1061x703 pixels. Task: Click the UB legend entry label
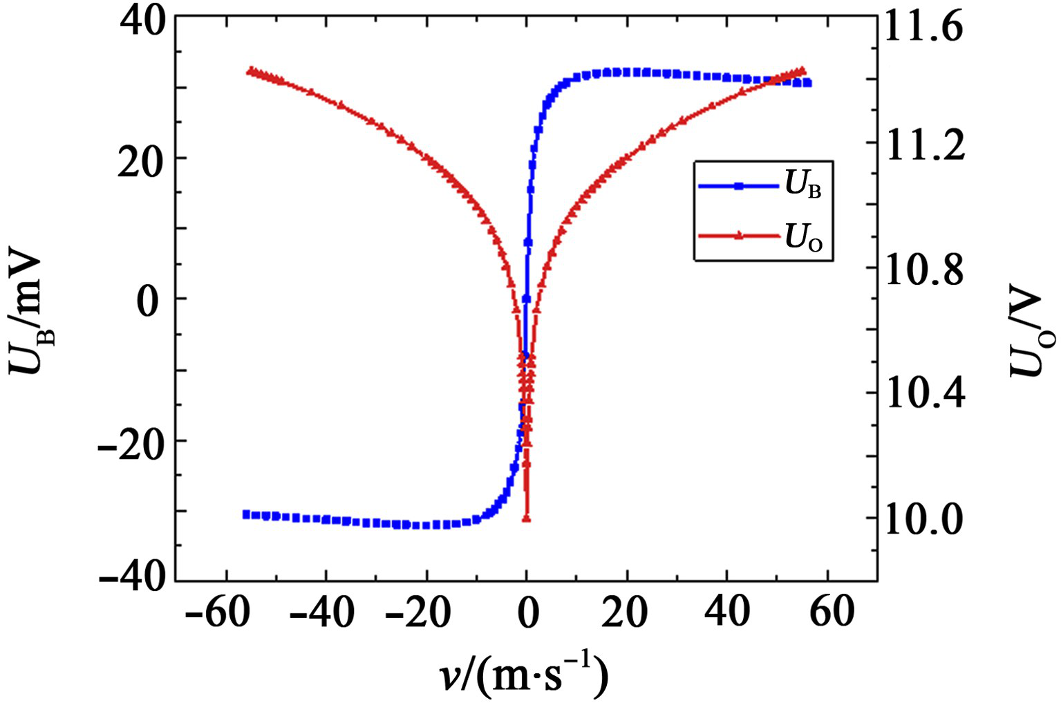pyautogui.click(x=803, y=185)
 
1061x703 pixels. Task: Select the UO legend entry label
pyautogui.click(x=803, y=238)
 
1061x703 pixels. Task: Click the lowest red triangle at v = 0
pyautogui.click(x=527, y=518)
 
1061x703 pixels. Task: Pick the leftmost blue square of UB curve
pyautogui.click(x=246, y=514)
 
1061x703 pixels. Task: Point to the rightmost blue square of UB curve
pyautogui.click(x=807, y=83)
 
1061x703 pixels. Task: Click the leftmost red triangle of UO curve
pyautogui.click(x=251, y=71)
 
